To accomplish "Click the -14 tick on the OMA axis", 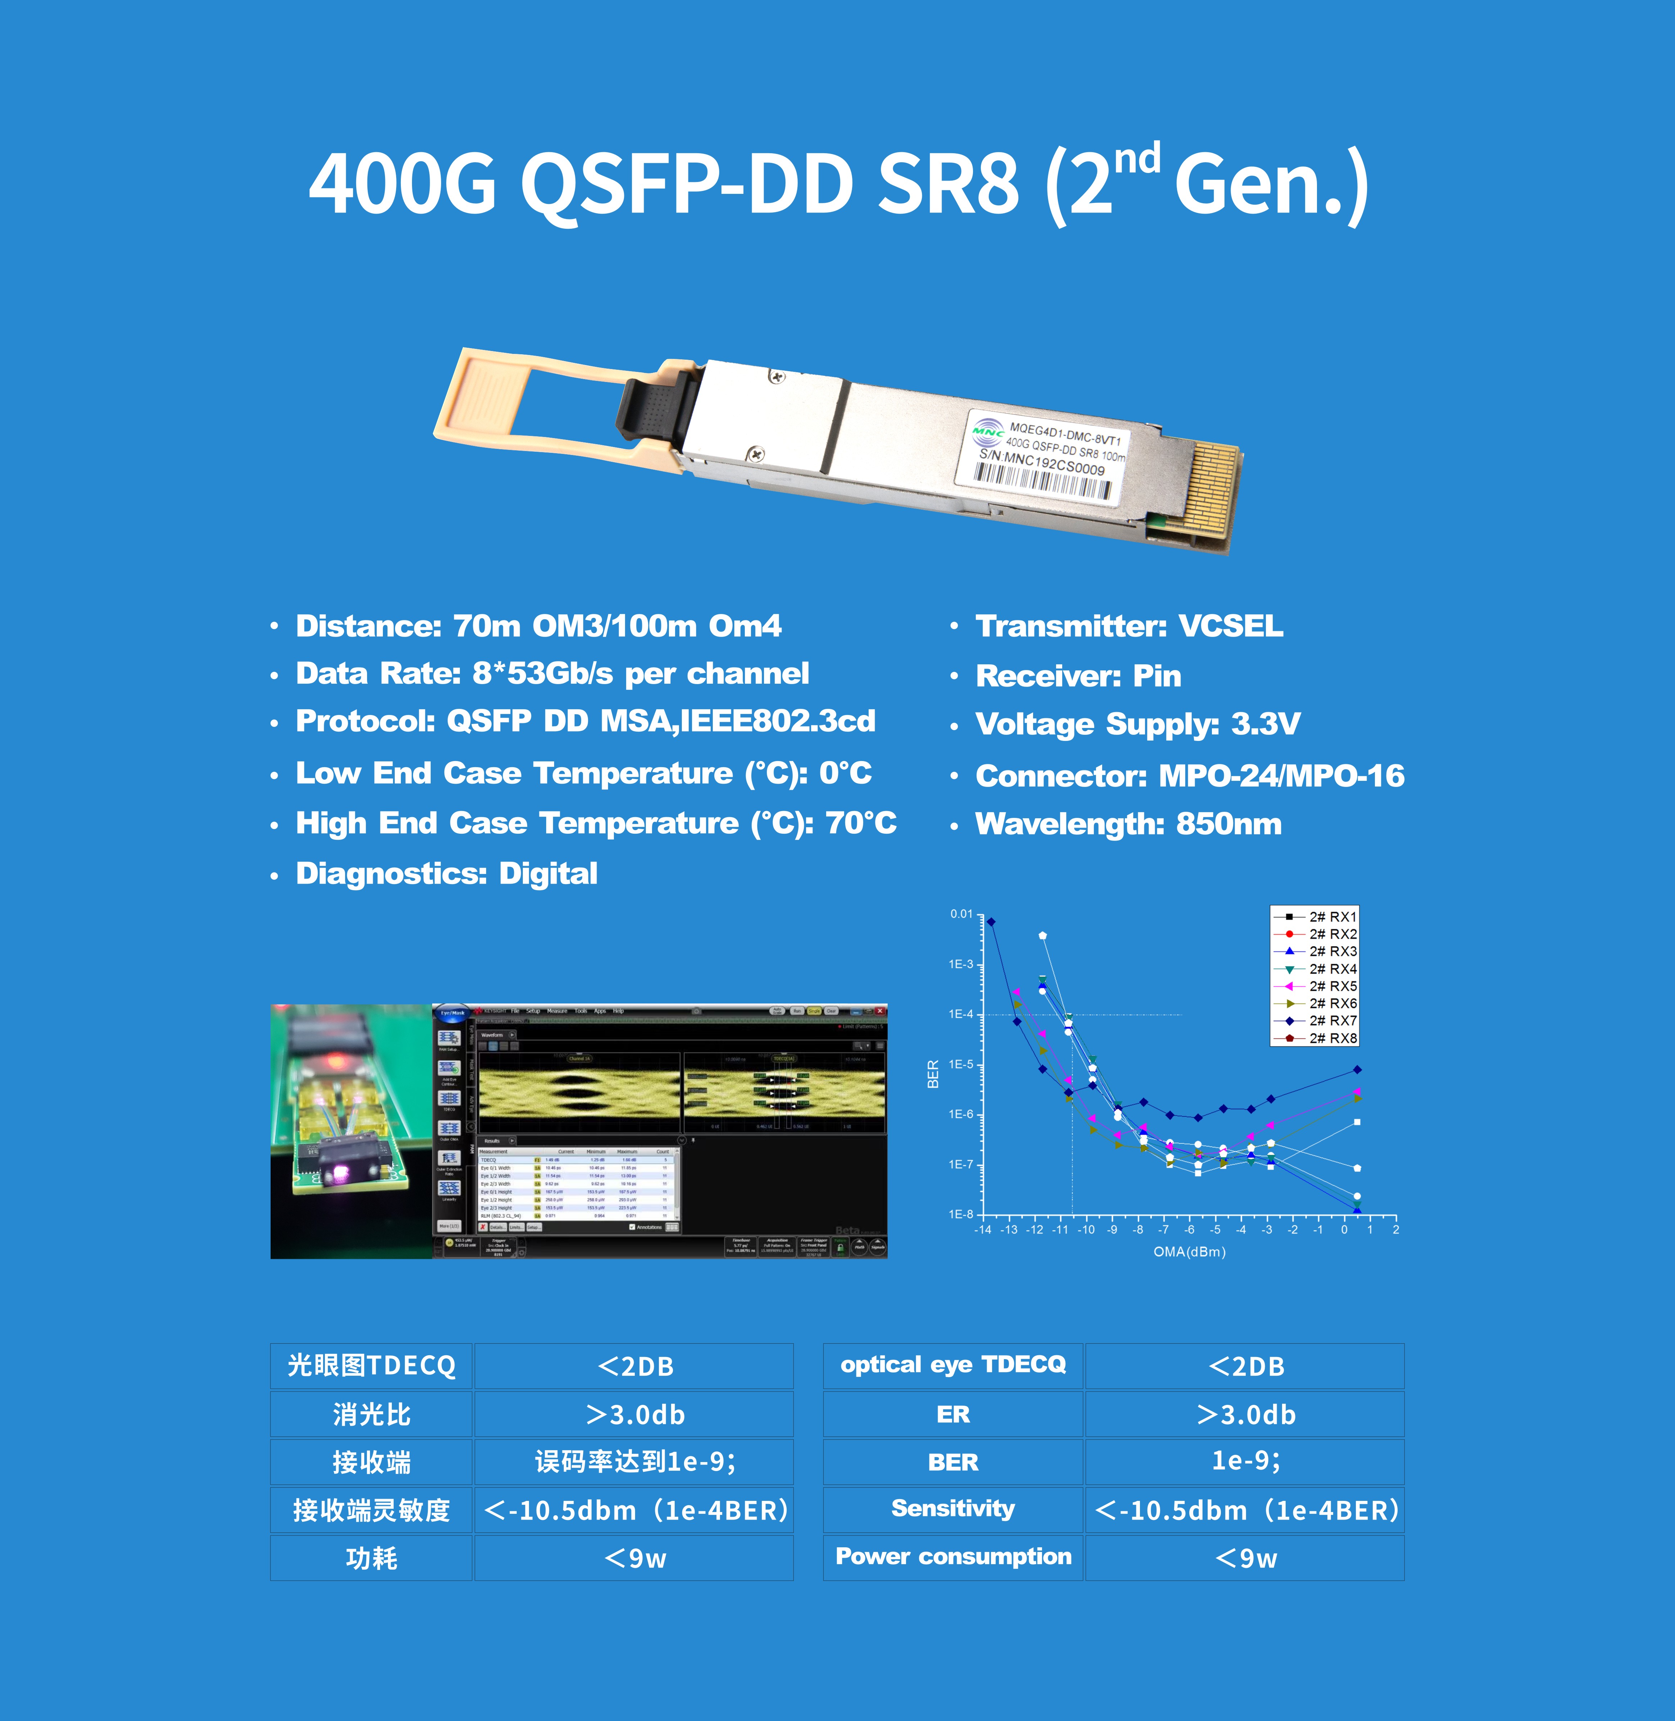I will pos(983,1229).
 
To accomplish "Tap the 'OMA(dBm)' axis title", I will pos(1189,1251).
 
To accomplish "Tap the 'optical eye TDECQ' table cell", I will pos(953,1365).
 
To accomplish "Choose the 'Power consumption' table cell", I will pos(953,1557).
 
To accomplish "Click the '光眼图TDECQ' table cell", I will pos(371,1366).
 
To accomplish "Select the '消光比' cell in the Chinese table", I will pos(371,1414).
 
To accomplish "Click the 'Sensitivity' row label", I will pos(953,1509).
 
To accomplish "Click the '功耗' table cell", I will pos(371,1557).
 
